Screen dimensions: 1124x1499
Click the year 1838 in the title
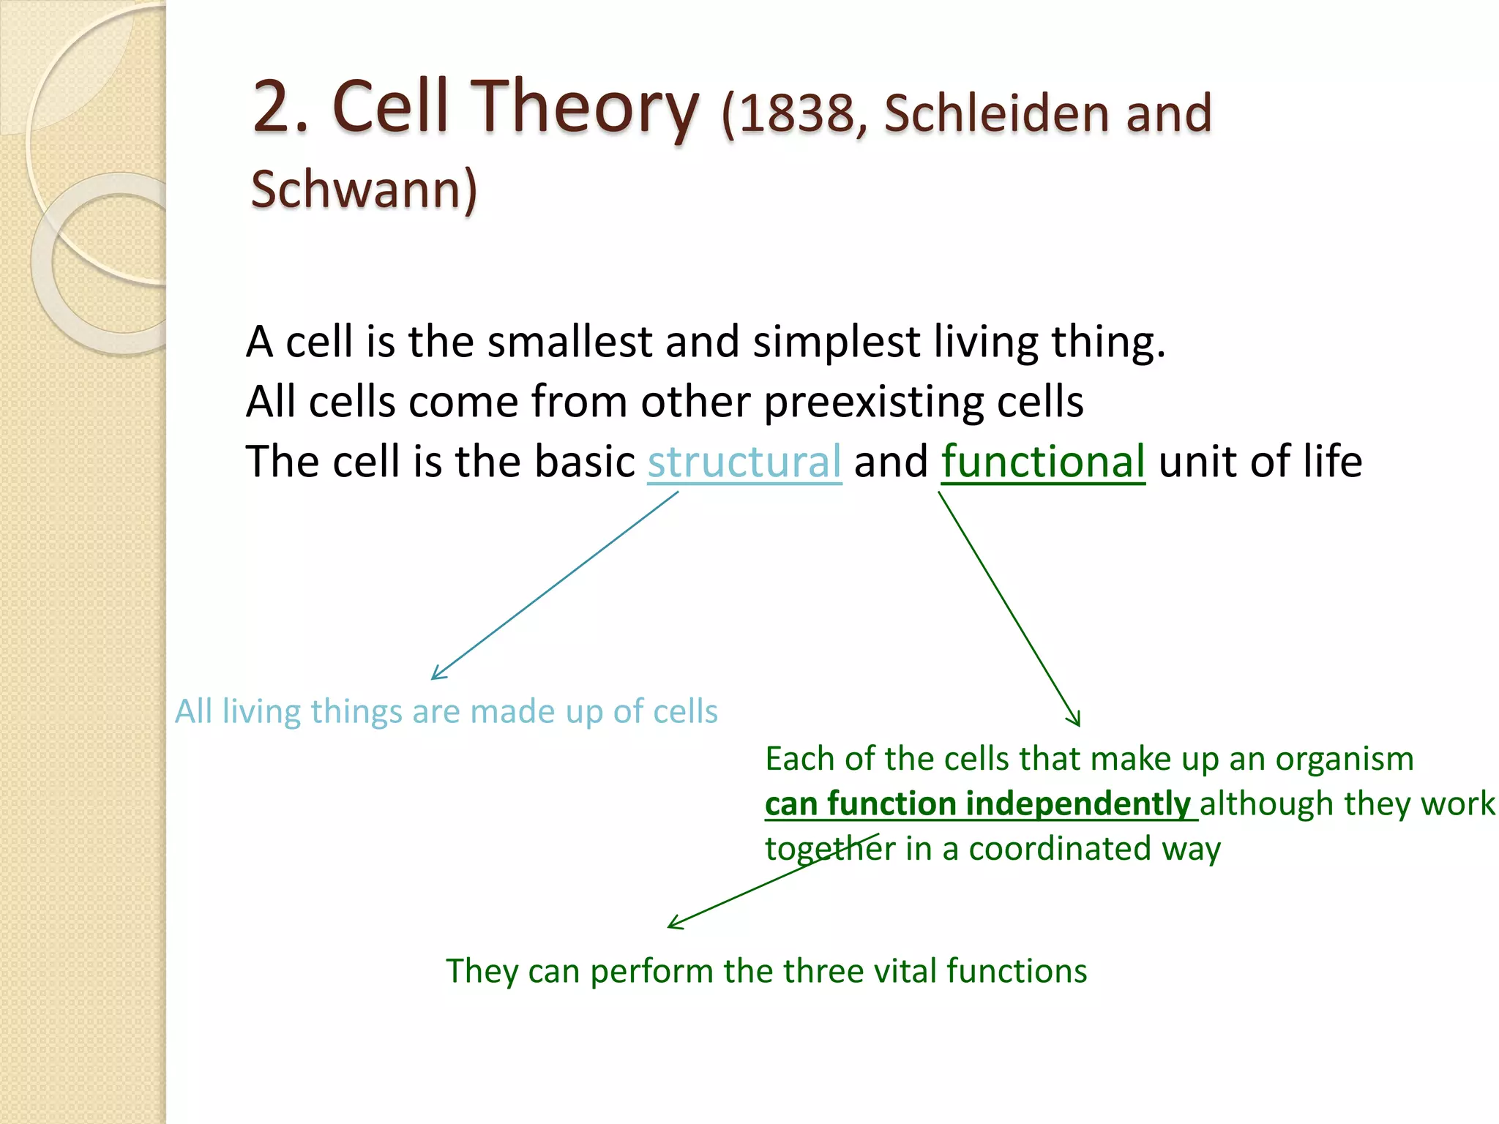(x=796, y=115)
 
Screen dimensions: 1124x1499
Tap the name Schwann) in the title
(x=364, y=190)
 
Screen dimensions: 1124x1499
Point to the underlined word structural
(x=744, y=462)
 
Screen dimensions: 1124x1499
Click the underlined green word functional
(x=1042, y=462)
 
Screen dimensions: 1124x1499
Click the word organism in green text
(x=1344, y=760)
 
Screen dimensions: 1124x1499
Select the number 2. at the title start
(x=281, y=108)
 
